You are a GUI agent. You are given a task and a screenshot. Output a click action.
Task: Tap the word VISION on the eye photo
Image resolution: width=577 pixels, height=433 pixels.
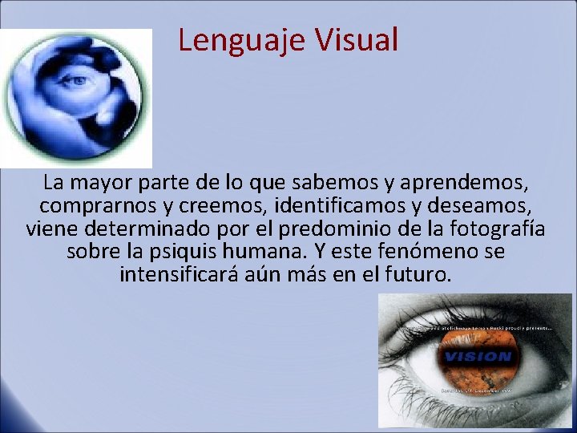coord(478,357)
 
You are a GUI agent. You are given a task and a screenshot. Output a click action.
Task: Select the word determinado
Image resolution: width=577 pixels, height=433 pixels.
coord(139,229)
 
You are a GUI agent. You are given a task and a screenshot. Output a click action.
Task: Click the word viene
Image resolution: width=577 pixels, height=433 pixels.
coord(52,229)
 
